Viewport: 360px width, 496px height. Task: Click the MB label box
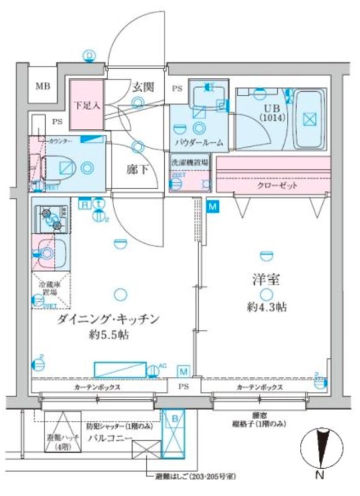[42, 86]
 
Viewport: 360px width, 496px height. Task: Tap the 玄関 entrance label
[142, 87]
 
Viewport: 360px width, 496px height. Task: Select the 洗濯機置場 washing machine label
[190, 162]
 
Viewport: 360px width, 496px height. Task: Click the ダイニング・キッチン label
[108, 321]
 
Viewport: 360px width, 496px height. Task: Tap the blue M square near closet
[213, 207]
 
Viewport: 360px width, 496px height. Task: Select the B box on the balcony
[175, 420]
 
